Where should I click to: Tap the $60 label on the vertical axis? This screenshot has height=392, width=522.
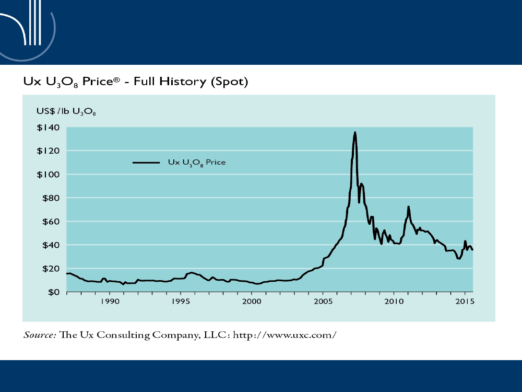[48, 222]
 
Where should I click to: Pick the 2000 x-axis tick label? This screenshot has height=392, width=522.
[252, 302]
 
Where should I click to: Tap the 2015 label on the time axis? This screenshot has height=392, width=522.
[465, 302]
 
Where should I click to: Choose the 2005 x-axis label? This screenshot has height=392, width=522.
[323, 302]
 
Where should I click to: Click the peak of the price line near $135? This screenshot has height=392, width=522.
[355, 132]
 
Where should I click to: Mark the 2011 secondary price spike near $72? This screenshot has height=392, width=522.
[409, 207]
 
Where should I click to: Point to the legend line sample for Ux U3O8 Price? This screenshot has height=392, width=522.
[146, 163]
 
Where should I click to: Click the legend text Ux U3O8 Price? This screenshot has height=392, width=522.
[196, 163]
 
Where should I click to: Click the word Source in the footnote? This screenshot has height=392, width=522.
[39, 335]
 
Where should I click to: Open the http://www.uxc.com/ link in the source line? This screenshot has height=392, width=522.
[283, 335]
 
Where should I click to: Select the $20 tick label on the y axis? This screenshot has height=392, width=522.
[48, 269]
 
